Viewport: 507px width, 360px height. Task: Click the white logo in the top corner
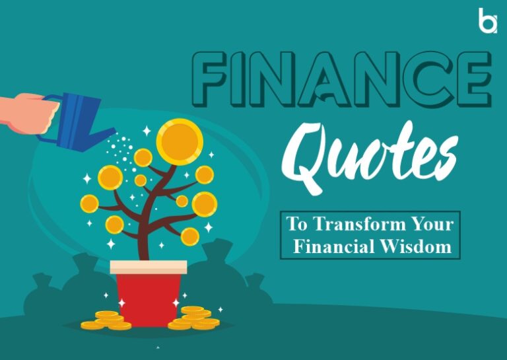point(487,21)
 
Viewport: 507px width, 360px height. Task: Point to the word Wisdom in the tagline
point(420,247)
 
